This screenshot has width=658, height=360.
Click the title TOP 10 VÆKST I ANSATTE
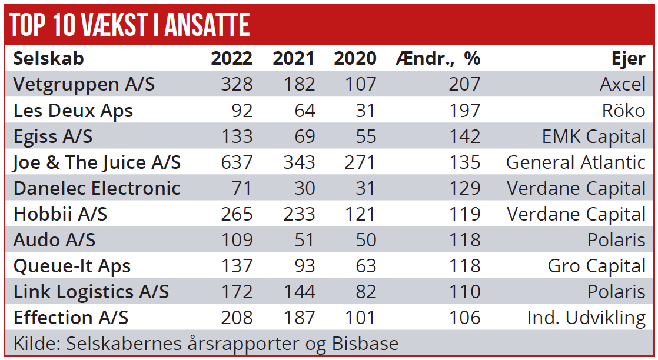coord(130,25)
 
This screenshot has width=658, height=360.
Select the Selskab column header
coord(49,58)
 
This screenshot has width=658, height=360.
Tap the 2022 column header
coord(232,58)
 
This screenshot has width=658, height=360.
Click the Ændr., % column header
coord(438,58)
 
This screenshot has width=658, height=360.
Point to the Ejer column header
coord(629,58)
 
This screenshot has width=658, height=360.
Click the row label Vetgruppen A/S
coord(84,84)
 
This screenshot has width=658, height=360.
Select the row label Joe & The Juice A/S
coord(97,162)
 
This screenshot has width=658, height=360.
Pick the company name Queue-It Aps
coord(72,266)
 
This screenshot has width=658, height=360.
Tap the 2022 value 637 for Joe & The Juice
coord(237,162)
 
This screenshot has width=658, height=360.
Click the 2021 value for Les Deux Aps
coord(304,110)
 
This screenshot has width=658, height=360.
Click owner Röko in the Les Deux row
coord(623,110)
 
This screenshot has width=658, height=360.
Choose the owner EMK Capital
coord(593,136)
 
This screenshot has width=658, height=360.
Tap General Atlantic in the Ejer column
coord(576,162)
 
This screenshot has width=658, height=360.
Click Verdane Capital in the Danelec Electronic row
coord(576,188)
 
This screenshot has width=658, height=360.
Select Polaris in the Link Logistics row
coord(616,292)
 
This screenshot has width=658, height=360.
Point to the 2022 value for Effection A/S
coord(237,318)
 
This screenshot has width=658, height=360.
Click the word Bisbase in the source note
coord(365,343)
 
